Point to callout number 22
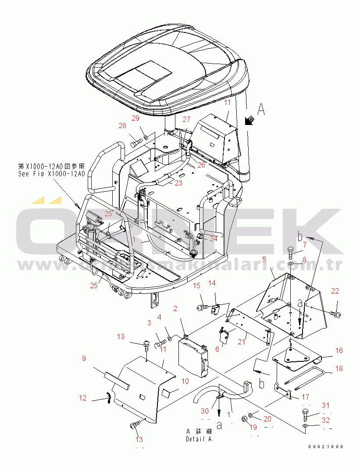coord(335,291)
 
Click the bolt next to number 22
coord(337,314)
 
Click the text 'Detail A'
coord(198,439)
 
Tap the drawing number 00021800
coord(325,447)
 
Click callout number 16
coord(339,350)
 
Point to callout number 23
coord(178,183)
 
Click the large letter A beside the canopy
coord(261,110)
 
